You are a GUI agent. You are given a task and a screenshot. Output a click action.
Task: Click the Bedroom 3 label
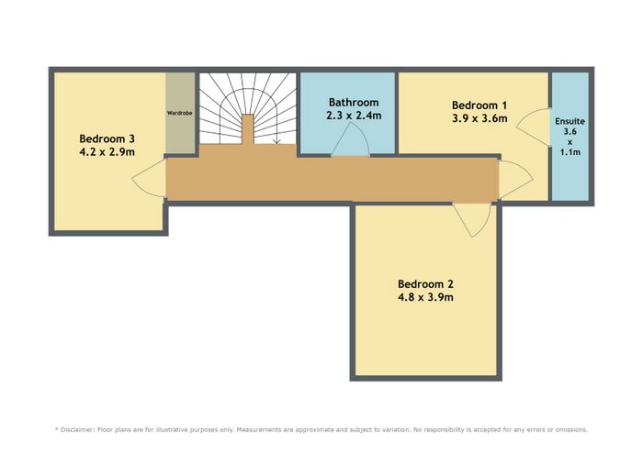tap(107, 138)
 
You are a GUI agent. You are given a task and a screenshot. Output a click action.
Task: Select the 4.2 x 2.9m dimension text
tap(107, 152)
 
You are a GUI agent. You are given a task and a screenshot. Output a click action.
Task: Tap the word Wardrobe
tap(180, 113)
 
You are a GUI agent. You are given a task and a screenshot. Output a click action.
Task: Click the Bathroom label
tap(354, 103)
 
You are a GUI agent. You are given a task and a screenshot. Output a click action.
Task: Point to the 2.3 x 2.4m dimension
tap(354, 116)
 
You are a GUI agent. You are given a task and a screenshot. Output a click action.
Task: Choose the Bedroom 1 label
tap(479, 105)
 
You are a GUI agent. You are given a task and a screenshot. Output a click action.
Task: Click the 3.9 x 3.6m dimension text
tap(479, 118)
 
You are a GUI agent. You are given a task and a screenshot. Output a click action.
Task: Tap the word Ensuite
tap(570, 122)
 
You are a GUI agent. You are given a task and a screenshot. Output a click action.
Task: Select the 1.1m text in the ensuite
tap(570, 152)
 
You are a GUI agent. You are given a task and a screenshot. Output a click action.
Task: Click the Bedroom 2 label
tap(425, 283)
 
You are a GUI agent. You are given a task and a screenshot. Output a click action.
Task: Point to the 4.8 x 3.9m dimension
tap(425, 297)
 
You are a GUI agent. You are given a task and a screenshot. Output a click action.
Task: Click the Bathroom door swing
tap(350, 139)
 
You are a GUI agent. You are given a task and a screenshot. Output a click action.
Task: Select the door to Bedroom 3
tap(149, 179)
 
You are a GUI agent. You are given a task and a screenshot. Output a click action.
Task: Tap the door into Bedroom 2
tap(472, 220)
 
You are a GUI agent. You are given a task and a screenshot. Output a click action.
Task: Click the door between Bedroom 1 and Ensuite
tap(533, 127)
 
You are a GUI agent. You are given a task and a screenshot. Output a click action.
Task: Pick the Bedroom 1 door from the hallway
tap(515, 180)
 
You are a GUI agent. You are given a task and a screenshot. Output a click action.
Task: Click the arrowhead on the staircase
tap(276, 141)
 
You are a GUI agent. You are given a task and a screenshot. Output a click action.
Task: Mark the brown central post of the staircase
tap(248, 129)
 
